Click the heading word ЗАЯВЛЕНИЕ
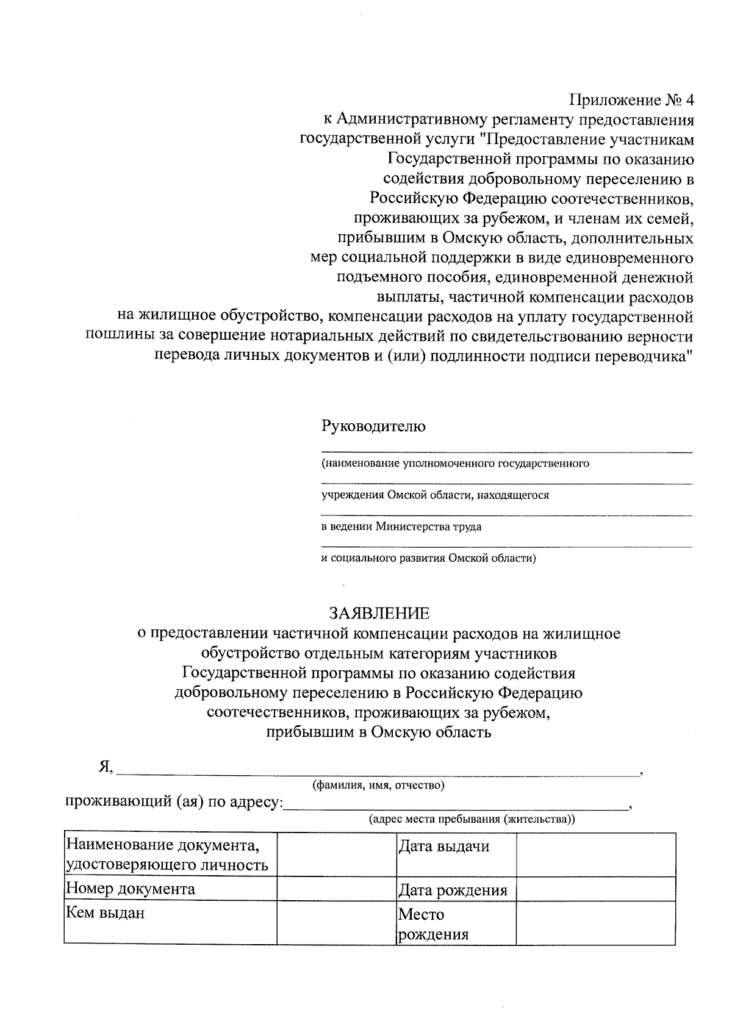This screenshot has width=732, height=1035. [x=379, y=613]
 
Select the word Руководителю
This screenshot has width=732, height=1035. [x=373, y=426]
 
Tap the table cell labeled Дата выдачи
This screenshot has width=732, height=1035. [x=443, y=847]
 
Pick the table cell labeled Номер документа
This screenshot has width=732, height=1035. [x=131, y=889]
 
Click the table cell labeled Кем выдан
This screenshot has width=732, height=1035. [x=106, y=913]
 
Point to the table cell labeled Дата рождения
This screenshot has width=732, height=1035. [x=453, y=890]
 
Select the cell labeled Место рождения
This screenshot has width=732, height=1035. [x=434, y=924]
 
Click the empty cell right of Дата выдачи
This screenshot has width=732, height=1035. [x=595, y=855]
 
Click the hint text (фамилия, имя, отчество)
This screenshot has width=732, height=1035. [x=378, y=785]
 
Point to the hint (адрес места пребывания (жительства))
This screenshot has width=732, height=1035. [x=472, y=819]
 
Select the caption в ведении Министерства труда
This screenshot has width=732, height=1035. [x=401, y=527]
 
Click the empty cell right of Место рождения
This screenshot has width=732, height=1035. [x=595, y=923]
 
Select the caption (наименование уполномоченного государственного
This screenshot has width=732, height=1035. [x=456, y=464]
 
